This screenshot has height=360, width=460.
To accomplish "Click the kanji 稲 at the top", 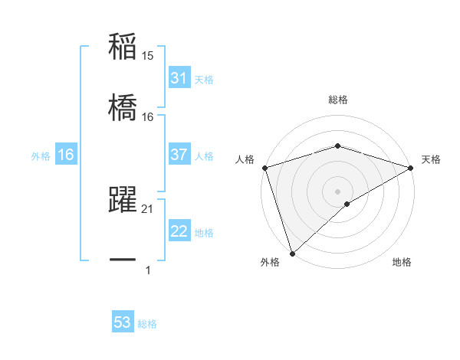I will (123, 47).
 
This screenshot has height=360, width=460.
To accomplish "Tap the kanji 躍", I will (123, 201).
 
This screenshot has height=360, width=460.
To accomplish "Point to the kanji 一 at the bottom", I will (123, 260).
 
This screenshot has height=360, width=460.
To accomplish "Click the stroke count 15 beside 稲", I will (148, 56).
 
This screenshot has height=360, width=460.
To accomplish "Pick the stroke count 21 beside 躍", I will (148, 209).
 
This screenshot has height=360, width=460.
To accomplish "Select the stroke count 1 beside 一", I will (148, 270).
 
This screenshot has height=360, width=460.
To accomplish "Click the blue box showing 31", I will (179, 78).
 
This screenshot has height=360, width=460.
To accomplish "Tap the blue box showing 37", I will (179, 155).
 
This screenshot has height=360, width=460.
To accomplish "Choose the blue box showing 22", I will (179, 231).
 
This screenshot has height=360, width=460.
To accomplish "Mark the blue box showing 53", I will (123, 322).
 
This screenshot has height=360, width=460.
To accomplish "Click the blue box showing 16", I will (66, 155).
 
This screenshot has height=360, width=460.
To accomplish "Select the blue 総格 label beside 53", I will (147, 324).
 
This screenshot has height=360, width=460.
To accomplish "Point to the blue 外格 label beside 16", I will (41, 156).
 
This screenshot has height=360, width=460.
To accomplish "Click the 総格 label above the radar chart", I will (337, 100).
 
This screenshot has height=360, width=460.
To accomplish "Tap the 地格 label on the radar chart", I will (402, 262).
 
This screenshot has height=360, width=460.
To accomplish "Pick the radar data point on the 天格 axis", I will (411, 167).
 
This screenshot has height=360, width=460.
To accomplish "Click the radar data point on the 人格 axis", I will (264, 167).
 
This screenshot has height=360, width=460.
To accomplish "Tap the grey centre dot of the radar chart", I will (337, 191).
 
